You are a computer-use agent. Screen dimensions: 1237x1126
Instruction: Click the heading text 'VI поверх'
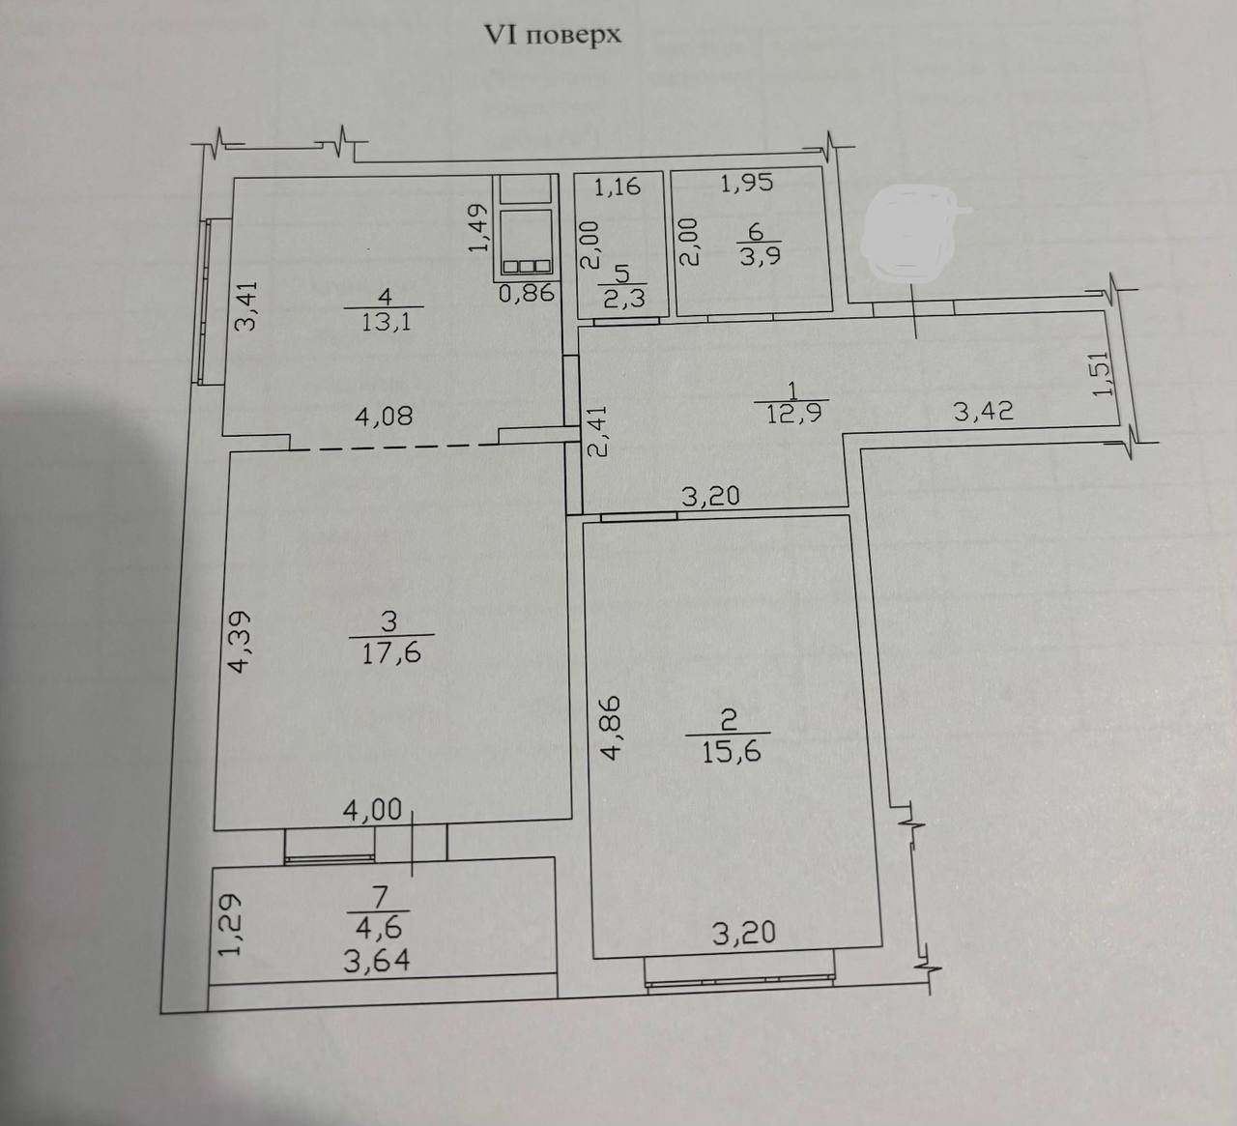553,36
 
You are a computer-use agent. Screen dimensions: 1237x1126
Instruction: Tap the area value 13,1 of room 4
386,322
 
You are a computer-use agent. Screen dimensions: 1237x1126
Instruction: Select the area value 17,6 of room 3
391,652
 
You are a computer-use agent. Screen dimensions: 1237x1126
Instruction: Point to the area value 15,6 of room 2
732,752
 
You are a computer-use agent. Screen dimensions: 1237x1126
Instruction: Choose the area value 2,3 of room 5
624,299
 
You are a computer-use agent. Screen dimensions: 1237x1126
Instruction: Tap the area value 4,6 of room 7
379,927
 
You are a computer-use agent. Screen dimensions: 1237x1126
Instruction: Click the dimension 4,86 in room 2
610,728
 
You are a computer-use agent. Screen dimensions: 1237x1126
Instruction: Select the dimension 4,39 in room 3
240,642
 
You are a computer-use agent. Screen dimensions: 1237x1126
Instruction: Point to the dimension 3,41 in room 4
246,306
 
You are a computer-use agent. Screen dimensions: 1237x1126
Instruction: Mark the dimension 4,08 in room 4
384,416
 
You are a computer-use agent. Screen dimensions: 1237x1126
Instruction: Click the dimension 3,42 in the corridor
984,411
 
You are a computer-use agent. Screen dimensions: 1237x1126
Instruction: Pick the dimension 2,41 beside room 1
597,431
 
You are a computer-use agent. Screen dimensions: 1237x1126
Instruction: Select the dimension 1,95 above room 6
747,183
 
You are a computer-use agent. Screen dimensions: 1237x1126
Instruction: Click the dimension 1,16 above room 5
618,187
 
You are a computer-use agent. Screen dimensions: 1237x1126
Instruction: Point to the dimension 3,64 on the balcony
377,961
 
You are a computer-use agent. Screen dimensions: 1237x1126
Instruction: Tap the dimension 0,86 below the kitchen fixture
527,293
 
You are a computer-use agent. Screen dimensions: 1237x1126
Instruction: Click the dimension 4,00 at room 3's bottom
372,810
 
